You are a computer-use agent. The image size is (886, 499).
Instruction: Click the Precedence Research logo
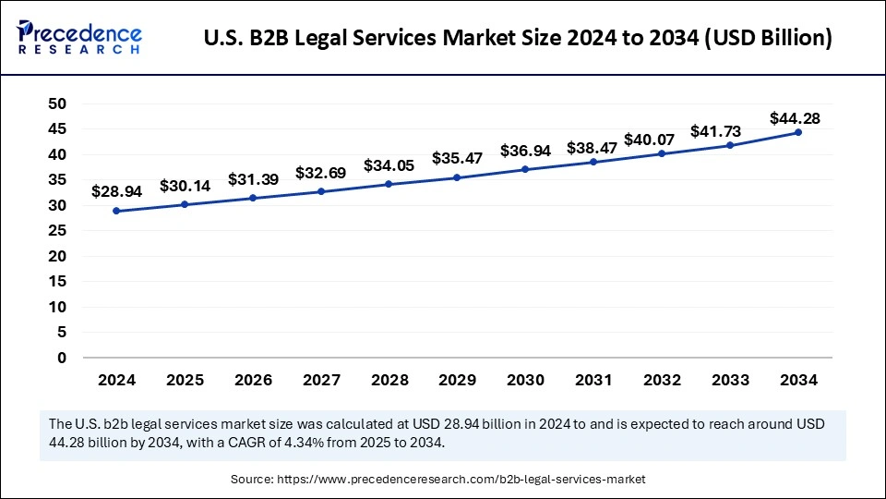point(79,37)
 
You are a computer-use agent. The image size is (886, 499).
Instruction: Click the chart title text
point(516,38)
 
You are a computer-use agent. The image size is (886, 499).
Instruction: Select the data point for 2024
point(116,211)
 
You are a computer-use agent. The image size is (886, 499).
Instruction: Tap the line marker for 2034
point(797,132)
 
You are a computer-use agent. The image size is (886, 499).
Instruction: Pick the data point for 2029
point(457,177)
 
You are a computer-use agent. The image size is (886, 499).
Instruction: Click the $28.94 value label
point(116,191)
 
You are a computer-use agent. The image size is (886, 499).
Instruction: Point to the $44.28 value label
point(795,118)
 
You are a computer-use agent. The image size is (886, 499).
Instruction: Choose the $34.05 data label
point(389,165)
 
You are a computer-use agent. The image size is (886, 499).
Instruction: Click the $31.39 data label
point(253,178)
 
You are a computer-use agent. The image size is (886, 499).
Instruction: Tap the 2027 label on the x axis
point(321,380)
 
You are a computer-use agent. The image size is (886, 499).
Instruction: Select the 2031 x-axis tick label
point(593,380)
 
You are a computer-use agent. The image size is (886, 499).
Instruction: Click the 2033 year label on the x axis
point(729,380)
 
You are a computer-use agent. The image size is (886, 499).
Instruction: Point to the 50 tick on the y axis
point(58,103)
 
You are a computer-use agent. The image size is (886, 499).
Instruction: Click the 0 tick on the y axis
point(62,358)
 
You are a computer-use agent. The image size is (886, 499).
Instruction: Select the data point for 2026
point(253,198)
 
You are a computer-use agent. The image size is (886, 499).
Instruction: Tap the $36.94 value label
point(525,151)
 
